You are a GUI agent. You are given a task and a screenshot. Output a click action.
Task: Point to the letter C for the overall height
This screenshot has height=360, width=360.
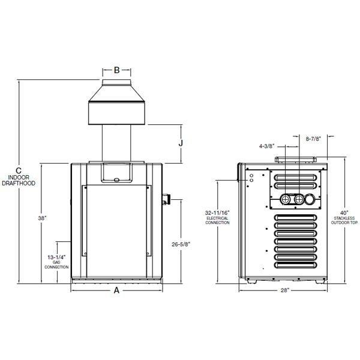click(19, 170)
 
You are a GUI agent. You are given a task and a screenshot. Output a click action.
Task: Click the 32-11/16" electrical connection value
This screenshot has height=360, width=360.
click(217, 212)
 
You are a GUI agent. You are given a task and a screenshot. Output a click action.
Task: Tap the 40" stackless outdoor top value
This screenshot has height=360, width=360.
click(343, 212)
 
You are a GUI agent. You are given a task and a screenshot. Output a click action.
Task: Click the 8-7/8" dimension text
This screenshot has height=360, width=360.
click(312, 138)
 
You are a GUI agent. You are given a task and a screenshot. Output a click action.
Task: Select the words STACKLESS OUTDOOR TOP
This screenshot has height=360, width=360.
click(343, 221)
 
